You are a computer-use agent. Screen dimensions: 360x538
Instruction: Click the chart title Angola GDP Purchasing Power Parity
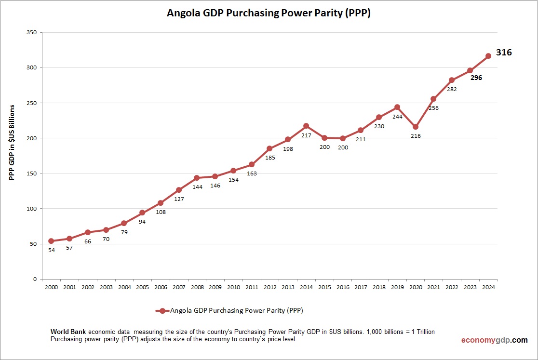point(269,13)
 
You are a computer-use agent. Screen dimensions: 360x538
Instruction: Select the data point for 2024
point(488,56)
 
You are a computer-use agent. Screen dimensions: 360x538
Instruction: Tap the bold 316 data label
point(504,53)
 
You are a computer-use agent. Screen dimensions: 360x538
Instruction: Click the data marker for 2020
point(416,127)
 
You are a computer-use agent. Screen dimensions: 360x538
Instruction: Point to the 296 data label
point(476,78)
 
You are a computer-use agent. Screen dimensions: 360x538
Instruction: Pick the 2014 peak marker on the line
point(306,126)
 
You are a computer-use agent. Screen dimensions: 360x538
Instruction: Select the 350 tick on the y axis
point(32,32)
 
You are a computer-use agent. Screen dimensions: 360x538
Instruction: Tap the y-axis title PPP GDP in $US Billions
point(12,142)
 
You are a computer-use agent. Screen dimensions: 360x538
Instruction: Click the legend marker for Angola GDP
point(162,311)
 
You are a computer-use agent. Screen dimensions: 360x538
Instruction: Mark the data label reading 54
point(51,250)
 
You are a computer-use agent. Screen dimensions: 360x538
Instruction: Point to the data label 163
point(252,173)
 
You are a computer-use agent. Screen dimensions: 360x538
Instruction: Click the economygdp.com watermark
point(494,340)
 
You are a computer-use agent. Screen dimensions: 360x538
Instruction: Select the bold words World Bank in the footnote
point(68,333)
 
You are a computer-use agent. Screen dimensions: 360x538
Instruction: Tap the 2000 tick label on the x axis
point(51,287)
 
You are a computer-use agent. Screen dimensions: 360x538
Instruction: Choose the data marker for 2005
point(142,213)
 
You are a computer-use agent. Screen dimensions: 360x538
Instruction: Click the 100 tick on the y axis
point(32,209)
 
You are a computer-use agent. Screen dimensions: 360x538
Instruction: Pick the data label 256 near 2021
point(434,108)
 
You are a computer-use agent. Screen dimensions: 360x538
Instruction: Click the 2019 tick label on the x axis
point(397,287)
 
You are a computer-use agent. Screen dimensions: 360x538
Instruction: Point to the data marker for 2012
point(269,148)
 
